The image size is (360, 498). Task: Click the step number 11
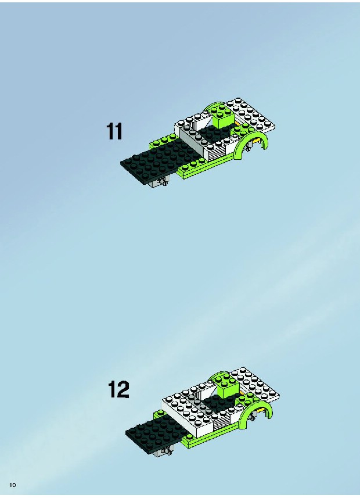coord(114,132)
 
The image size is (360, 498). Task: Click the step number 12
coord(118,389)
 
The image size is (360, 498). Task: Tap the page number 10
coord(13,485)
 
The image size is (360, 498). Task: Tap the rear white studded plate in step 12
coord(255,384)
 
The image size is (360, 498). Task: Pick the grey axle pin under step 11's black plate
coord(163,182)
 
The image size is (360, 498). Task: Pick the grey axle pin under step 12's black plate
coord(165,451)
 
